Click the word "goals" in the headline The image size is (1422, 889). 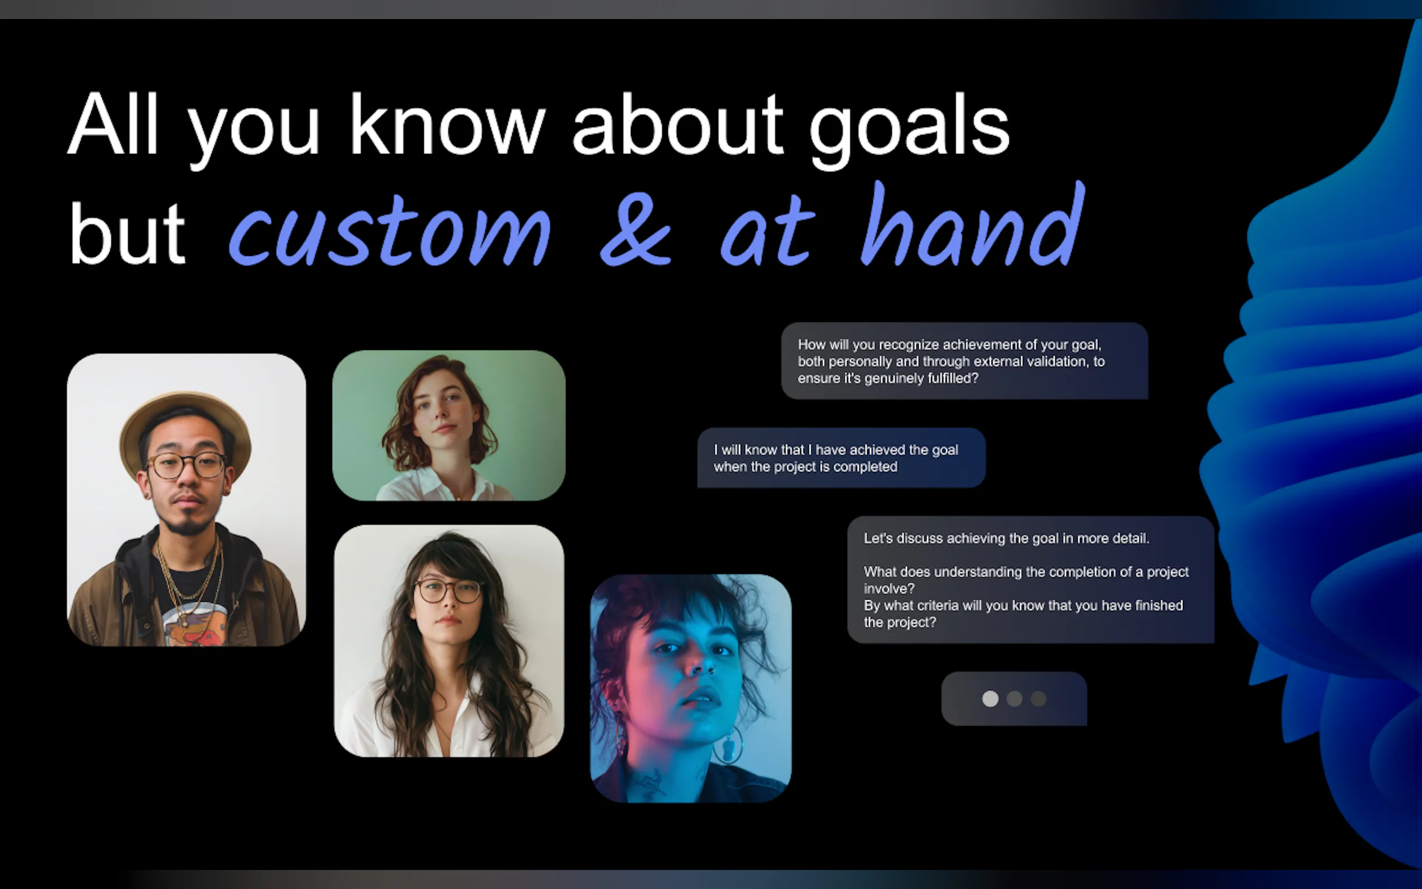(909, 130)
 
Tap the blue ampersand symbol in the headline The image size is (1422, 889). (635, 230)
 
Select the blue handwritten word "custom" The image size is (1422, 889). (390, 231)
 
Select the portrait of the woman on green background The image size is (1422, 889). (448, 425)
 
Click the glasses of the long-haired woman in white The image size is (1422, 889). (448, 590)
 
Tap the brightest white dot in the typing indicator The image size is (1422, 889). (990, 699)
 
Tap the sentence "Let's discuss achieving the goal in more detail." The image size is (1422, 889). (1007, 539)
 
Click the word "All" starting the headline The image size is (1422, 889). (114, 124)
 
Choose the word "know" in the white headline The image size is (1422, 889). (448, 124)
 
